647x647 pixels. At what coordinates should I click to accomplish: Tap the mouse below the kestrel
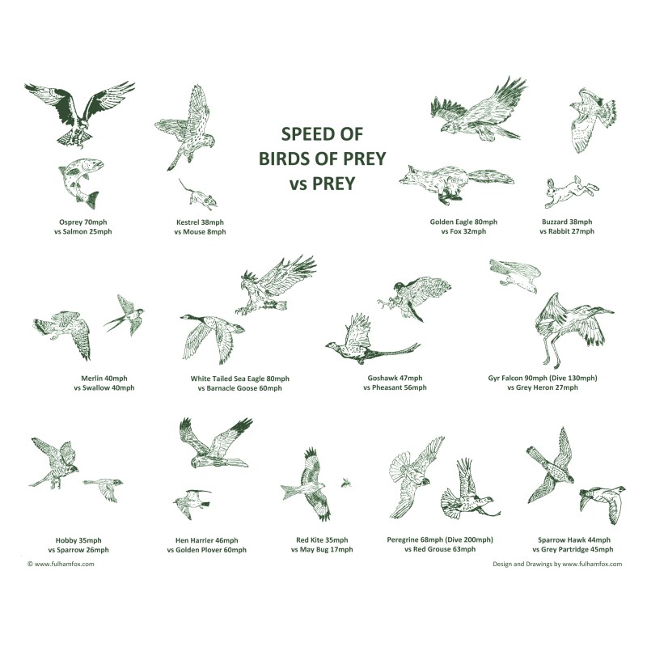(x=199, y=195)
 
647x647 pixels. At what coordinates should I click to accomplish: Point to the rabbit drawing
(x=571, y=191)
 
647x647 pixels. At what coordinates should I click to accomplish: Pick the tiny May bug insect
(x=346, y=482)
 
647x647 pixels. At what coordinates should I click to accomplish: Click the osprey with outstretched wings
(x=78, y=113)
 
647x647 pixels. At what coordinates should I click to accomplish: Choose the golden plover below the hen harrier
(x=192, y=502)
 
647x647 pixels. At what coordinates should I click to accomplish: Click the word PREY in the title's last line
(x=333, y=184)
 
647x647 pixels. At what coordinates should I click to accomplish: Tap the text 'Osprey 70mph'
(x=83, y=222)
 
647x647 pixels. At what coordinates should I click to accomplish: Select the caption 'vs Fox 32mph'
(x=463, y=231)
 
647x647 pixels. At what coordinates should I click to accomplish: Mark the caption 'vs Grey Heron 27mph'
(x=543, y=387)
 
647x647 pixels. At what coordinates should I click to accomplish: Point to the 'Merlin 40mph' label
(x=104, y=378)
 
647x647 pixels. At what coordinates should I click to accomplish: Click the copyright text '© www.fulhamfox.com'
(x=61, y=564)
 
